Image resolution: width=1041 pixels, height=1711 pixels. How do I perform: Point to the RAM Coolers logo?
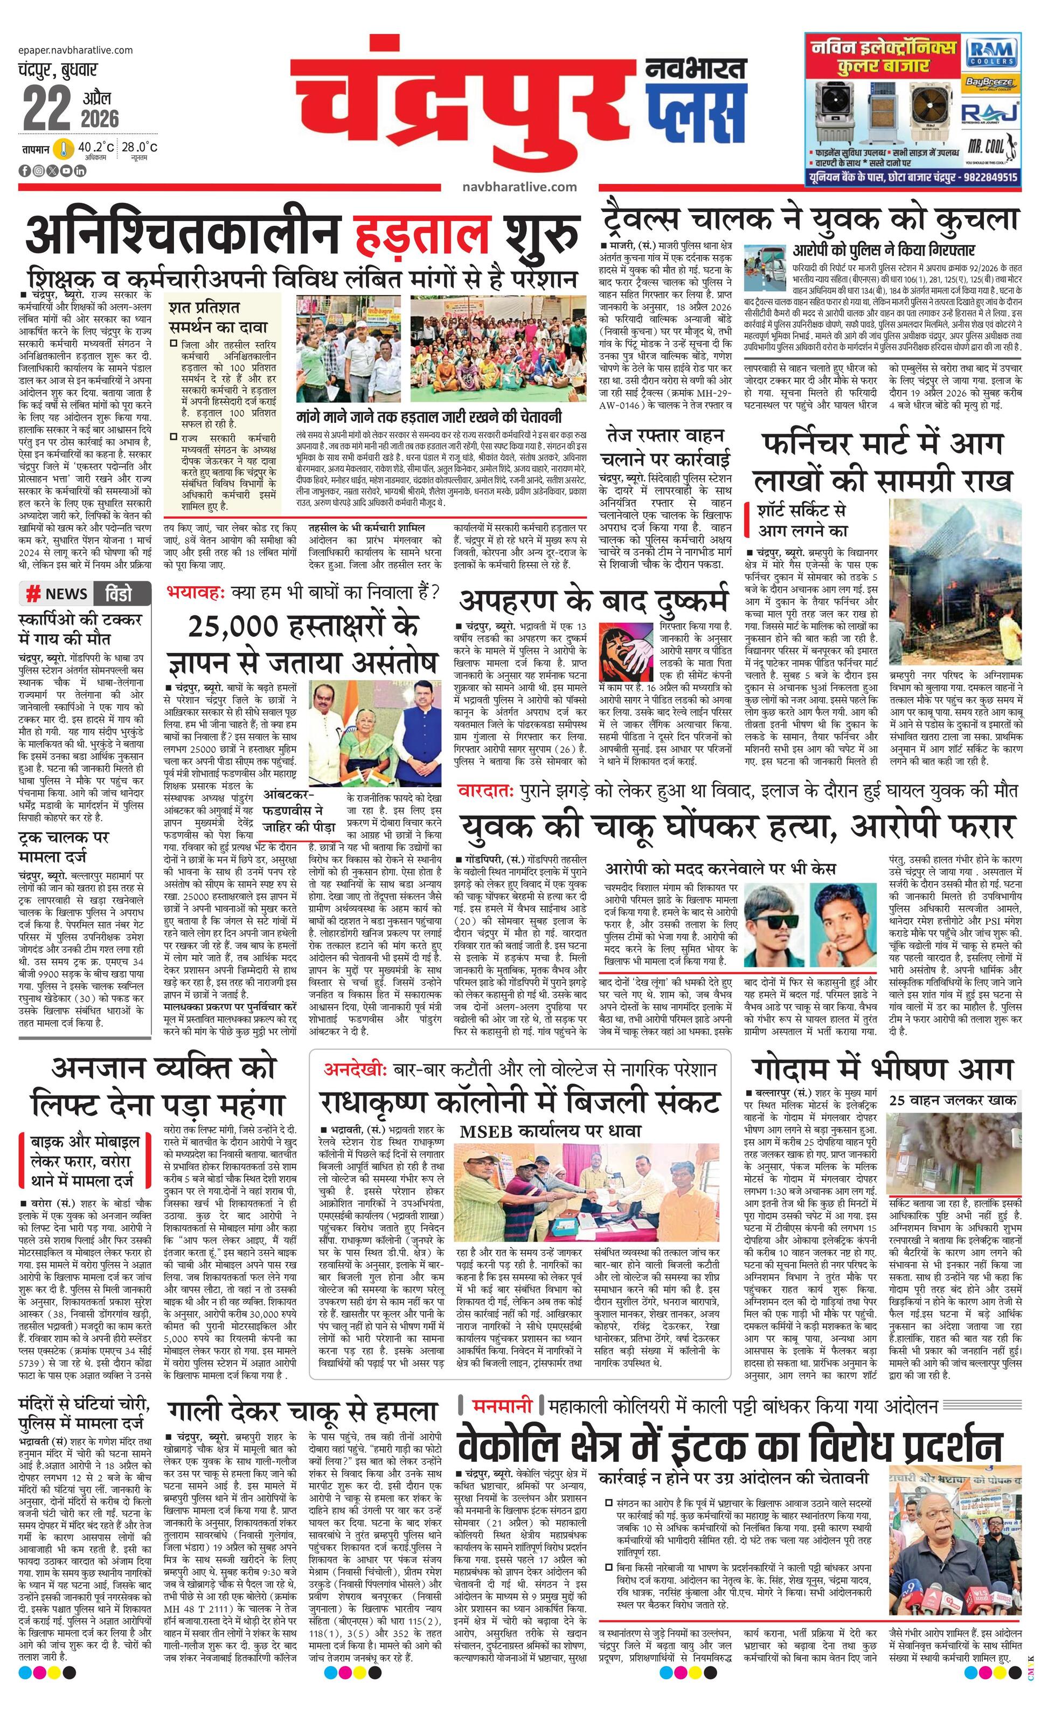point(993,53)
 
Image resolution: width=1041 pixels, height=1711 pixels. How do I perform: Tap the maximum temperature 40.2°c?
point(96,147)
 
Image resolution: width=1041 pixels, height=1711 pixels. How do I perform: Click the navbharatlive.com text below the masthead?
point(519,186)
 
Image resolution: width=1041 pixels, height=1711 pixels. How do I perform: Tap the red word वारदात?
point(485,790)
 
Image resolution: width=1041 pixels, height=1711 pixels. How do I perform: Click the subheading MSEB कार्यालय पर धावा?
point(550,1131)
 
